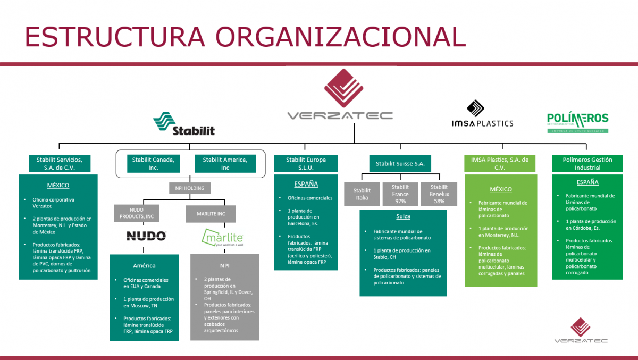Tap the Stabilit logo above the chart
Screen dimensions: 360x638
coord(184,124)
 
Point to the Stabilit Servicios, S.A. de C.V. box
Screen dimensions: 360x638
coord(59,163)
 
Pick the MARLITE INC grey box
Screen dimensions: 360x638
coord(211,214)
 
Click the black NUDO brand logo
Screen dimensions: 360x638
coord(146,236)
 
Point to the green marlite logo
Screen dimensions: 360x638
coord(222,237)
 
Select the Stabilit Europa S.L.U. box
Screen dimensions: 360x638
coord(306,163)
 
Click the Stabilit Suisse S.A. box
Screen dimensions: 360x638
coord(400,164)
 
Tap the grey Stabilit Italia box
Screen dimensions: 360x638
coord(362,194)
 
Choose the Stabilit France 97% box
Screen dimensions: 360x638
coord(400,194)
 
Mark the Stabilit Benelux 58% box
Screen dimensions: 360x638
coord(439,194)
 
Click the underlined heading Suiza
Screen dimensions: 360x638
coord(403,216)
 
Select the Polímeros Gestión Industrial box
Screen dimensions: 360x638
coord(587,163)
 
